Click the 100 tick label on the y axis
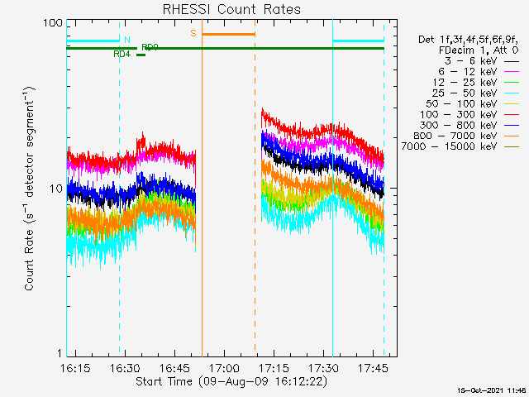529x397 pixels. pyautogui.click(x=53, y=22)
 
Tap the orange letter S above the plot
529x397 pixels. pyautogui.click(x=193, y=33)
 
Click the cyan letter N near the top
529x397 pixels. pyautogui.click(x=127, y=39)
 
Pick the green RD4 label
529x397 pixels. pyautogui.click(x=122, y=54)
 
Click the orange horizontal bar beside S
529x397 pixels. pyautogui.click(x=228, y=34)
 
